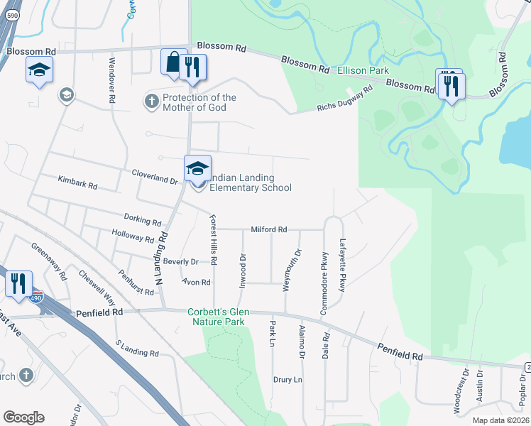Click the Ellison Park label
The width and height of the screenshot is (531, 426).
click(363, 71)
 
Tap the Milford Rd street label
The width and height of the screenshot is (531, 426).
click(268, 230)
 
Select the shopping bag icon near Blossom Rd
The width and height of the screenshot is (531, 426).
click(173, 63)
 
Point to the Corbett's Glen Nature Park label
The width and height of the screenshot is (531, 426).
click(217, 317)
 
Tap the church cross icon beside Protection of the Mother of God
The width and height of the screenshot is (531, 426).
click(151, 102)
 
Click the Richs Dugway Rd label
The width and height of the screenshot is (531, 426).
click(344, 100)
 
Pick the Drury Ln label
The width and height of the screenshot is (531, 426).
click(288, 380)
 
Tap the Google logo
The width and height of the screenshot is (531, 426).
click(23, 417)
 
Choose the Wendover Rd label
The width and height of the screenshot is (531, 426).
click(111, 80)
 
